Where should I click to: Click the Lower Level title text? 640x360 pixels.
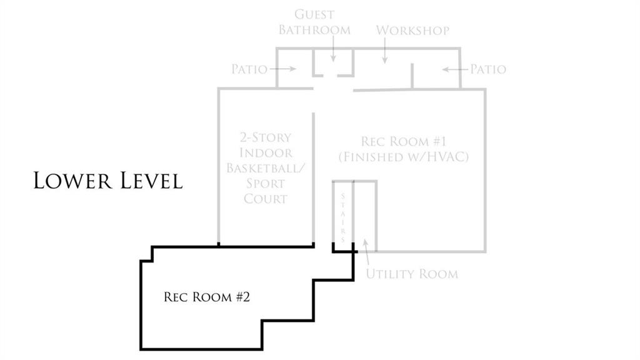(107, 181)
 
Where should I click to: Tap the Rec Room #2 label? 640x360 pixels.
(206, 297)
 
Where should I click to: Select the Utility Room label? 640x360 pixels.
(412, 274)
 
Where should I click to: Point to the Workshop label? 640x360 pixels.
(412, 30)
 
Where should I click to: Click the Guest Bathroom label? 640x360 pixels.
(314, 22)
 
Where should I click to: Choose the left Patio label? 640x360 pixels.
(249, 69)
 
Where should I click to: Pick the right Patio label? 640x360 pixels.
(488, 69)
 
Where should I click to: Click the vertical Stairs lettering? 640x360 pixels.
(343, 217)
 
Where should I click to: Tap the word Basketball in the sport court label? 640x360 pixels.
(266, 168)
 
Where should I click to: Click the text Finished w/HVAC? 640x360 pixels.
(404, 157)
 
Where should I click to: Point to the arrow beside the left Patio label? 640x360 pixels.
(282, 69)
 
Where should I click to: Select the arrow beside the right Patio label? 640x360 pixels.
(455, 69)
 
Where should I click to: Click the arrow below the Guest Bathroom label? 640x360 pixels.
(333, 49)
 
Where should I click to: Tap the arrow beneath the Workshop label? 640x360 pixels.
(384, 51)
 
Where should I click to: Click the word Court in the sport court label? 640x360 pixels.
(266, 199)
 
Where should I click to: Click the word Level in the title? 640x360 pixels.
(151, 181)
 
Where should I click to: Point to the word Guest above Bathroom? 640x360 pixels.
(314, 15)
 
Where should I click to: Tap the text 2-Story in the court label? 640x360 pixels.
(266, 137)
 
